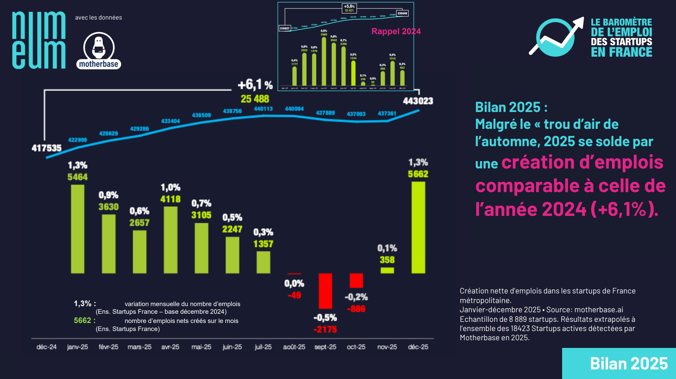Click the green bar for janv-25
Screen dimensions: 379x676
click(77, 229)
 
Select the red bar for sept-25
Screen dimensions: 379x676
click(325, 290)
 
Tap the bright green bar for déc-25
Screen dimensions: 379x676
click(418, 227)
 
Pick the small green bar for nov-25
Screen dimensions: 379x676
click(387, 270)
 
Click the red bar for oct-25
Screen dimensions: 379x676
click(356, 280)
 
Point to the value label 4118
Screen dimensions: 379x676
click(170, 199)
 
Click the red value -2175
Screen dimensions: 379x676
click(325, 330)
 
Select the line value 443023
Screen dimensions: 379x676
click(418, 101)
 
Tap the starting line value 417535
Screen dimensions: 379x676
click(46, 148)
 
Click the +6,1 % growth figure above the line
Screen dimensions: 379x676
click(255, 85)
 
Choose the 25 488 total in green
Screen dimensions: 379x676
click(255, 99)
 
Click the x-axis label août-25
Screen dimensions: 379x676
click(294, 347)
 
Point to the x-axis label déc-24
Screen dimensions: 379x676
click(46, 347)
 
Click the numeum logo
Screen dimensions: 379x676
click(39, 40)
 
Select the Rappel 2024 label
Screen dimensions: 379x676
click(396, 31)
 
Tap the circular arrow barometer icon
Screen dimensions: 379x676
click(556, 37)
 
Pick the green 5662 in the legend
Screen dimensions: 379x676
click(82, 320)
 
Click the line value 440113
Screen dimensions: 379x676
click(263, 109)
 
